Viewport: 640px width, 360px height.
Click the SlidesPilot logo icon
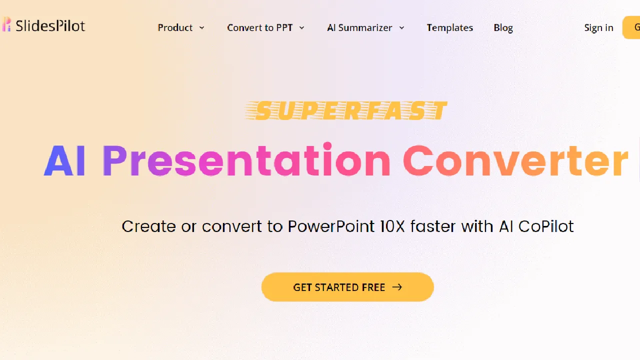[x=6, y=24]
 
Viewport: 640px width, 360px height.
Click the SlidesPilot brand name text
[x=50, y=26]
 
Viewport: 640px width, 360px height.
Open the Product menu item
[x=175, y=27]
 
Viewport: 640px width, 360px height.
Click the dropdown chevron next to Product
[x=201, y=27]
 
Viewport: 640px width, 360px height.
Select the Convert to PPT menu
[x=259, y=27]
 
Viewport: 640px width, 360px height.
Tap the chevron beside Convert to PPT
[x=301, y=27]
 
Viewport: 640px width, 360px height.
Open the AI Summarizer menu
[x=359, y=27]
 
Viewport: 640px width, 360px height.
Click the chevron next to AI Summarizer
[x=401, y=27]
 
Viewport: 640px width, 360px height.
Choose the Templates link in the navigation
[x=449, y=27]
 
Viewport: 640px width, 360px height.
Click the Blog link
[x=503, y=28]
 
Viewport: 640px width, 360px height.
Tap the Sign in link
[x=598, y=28]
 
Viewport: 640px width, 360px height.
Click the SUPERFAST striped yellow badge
[x=346, y=110]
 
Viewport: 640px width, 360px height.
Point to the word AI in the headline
[x=64, y=160]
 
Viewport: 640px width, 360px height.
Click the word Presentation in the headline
[x=246, y=159]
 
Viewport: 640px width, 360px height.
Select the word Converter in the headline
[x=515, y=160]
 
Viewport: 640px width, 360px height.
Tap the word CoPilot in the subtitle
[x=545, y=226]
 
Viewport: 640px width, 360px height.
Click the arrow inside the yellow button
[x=397, y=287]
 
